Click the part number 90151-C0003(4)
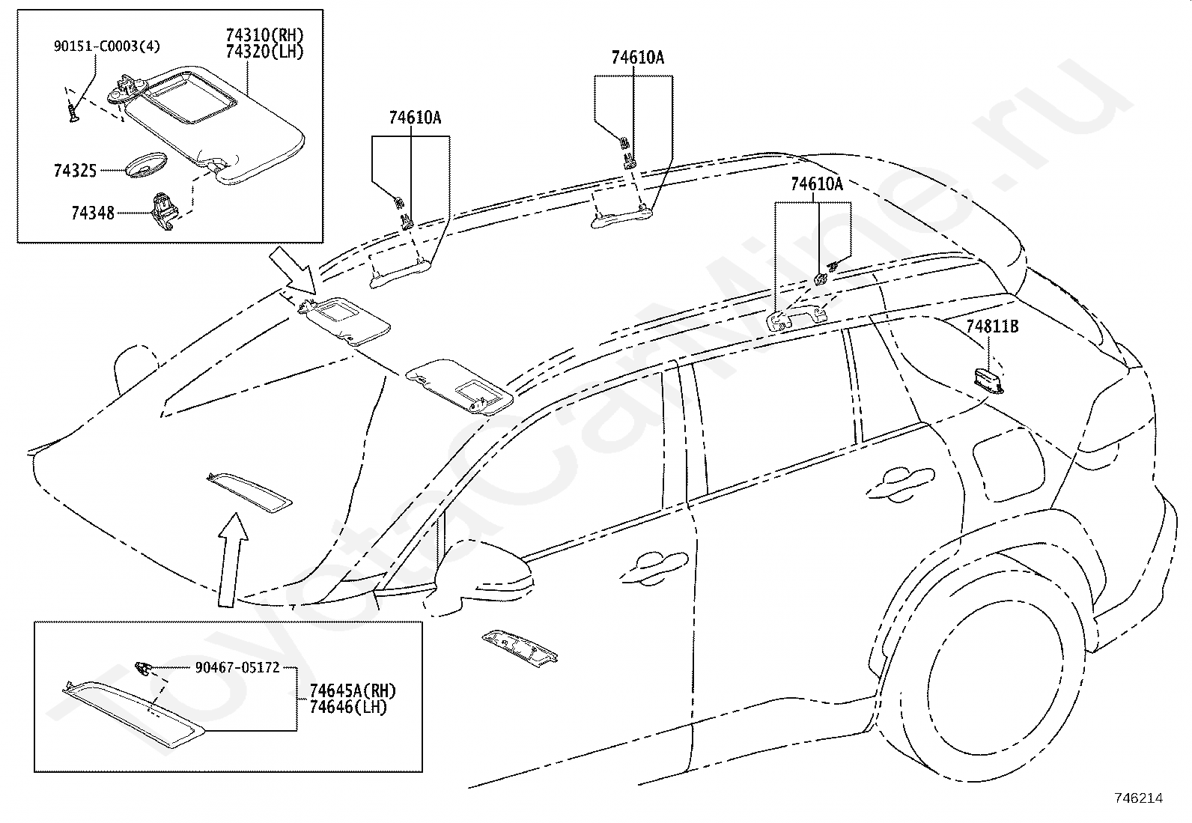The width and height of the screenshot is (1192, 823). coord(106,46)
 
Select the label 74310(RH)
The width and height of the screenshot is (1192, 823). coord(264,35)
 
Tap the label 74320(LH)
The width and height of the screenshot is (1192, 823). coord(264,52)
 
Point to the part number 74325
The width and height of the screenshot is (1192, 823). coord(75,171)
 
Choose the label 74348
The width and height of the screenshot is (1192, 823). coord(93,213)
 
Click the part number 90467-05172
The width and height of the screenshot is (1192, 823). coord(237,667)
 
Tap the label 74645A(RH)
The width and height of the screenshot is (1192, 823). coord(353,691)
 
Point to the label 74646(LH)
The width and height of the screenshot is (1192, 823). coord(348,708)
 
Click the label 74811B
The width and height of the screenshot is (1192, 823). coord(992,327)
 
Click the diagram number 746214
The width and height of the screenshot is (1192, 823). coord(1139,798)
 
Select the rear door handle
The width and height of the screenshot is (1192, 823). coord(899,483)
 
